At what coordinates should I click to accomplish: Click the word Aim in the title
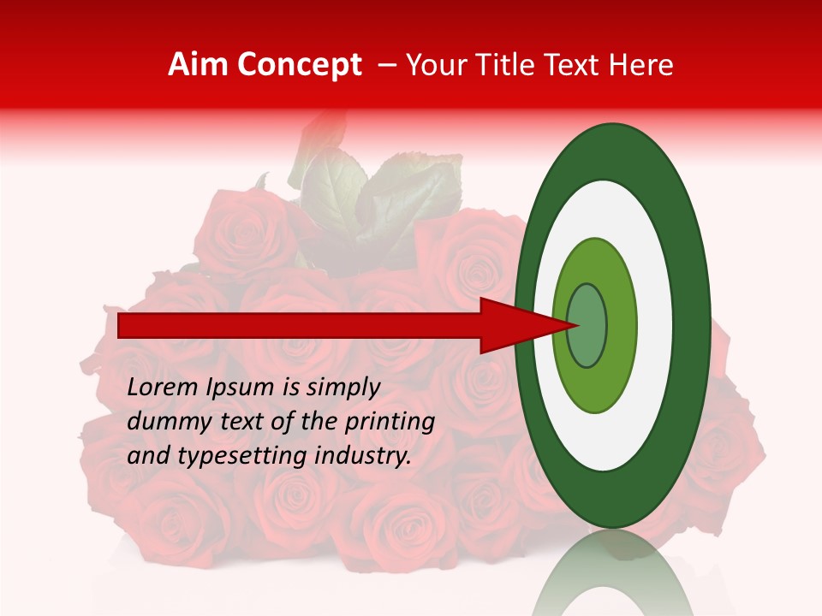click(x=199, y=65)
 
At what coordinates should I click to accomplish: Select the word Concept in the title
click(x=299, y=65)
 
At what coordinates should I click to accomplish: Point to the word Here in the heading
click(x=641, y=65)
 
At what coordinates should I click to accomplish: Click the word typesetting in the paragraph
click(x=230, y=456)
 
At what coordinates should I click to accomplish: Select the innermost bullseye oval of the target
click(x=587, y=326)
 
